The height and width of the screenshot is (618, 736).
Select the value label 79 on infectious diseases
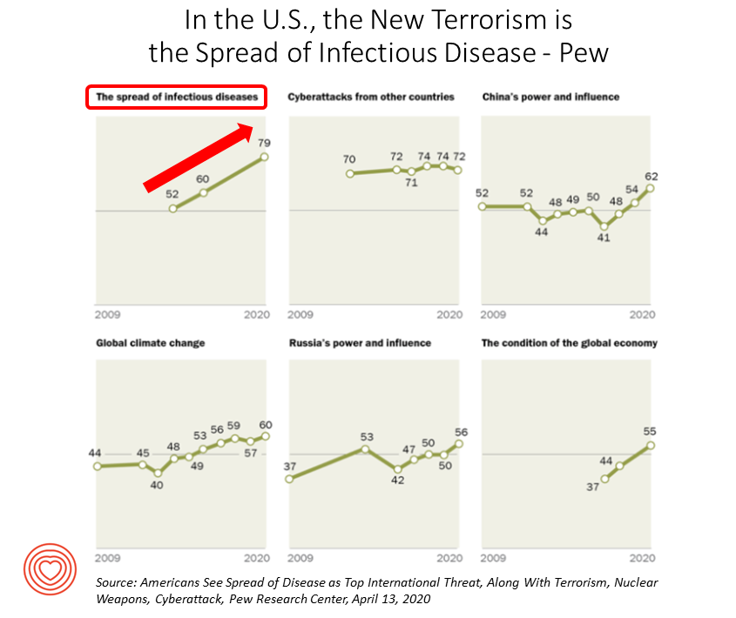tap(263, 143)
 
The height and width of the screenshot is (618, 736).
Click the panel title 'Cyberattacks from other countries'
tap(371, 97)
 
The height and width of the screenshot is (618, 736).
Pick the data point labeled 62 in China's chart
tap(650, 187)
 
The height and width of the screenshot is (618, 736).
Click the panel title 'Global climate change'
tap(150, 343)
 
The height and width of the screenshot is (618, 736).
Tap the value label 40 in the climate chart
tap(158, 486)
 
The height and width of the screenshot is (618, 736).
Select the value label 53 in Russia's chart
tap(366, 436)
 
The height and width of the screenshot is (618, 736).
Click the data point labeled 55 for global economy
tap(650, 445)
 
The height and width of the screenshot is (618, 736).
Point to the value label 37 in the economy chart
tap(592, 488)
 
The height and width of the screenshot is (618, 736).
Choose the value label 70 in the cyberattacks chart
tap(349, 159)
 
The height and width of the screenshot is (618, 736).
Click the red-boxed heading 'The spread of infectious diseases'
tap(176, 97)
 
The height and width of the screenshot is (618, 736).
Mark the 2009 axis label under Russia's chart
tap(300, 557)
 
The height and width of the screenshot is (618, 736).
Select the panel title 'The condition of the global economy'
tap(569, 343)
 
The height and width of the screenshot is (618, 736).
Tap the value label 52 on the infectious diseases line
tap(172, 195)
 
